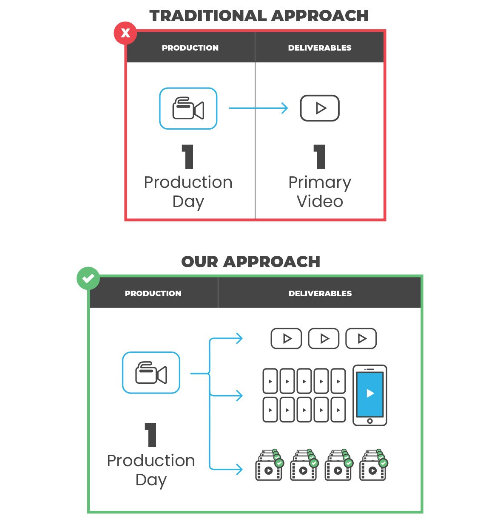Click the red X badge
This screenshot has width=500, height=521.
(125, 33)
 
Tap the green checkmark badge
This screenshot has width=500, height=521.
(88, 279)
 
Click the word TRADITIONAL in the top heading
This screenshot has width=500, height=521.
(208, 16)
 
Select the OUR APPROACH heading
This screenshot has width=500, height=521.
(250, 262)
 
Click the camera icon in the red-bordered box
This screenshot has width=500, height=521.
(188, 109)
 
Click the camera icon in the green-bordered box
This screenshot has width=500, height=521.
(151, 373)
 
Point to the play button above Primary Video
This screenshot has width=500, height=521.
(320, 108)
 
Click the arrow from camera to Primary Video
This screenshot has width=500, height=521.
(258, 108)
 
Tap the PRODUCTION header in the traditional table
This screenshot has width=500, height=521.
(190, 48)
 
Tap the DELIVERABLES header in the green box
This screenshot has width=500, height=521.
(320, 293)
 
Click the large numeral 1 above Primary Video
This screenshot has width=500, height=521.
(320, 156)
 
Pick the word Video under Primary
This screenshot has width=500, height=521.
(320, 201)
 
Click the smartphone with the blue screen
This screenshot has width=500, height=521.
(370, 395)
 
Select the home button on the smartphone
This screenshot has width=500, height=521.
(370, 421)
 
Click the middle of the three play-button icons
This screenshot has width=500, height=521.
(324, 339)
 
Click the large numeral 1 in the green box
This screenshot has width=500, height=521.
(151, 435)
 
